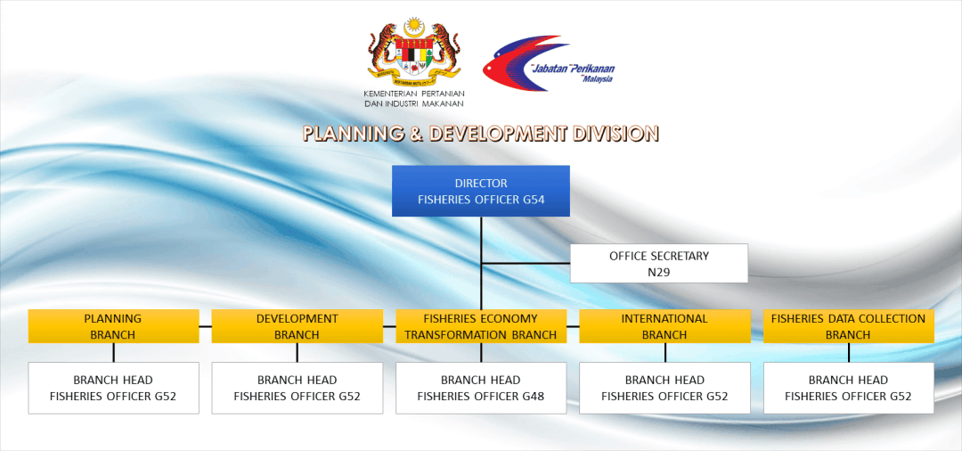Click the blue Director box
point(481,191)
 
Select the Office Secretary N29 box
point(659,263)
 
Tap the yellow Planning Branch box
point(113,326)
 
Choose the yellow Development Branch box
point(297,326)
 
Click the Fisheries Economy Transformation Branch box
point(481,326)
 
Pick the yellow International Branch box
point(665,326)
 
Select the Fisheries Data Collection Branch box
point(849,326)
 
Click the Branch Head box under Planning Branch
point(113,388)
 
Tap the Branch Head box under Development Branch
point(297,388)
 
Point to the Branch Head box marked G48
point(481,388)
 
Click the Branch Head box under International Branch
point(665,388)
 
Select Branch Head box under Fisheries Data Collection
point(849,388)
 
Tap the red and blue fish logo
point(526,63)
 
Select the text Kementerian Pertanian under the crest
point(414,94)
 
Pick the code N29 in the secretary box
point(659,272)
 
